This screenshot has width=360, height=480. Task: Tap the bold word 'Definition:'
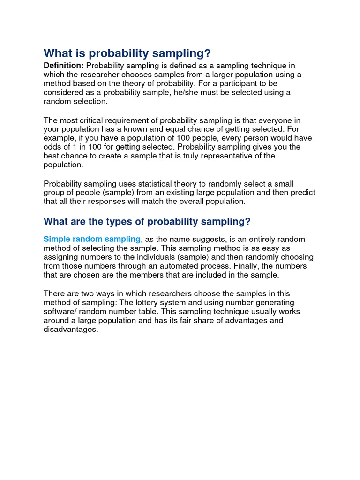click(64, 66)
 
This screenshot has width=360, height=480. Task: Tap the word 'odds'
click(52, 147)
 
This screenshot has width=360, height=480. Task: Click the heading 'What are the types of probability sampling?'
click(147, 221)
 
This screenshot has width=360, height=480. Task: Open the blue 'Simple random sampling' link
click(92, 240)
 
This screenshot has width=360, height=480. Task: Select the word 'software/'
click(60, 312)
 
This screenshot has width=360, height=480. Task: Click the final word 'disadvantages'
click(70, 330)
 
